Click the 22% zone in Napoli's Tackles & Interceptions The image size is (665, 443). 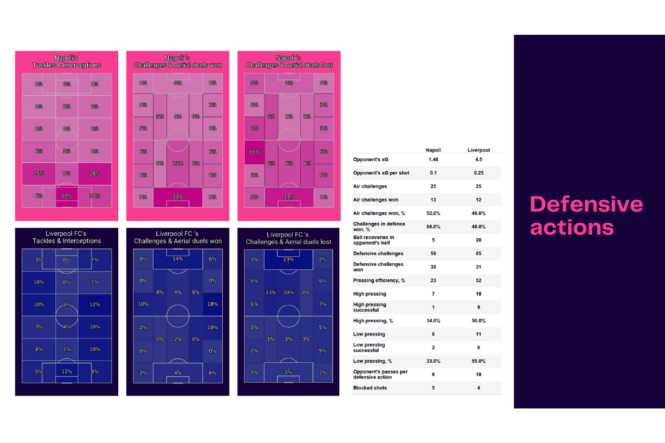click(x=67, y=196)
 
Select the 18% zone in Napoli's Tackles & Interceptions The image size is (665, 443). click(x=95, y=174)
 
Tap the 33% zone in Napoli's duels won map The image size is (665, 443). click(x=178, y=197)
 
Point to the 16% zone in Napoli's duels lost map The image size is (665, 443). click(x=253, y=151)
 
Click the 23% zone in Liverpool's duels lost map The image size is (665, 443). click(x=289, y=260)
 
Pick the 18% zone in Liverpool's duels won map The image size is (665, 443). click(x=212, y=304)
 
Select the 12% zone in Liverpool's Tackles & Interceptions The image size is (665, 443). click(x=95, y=304)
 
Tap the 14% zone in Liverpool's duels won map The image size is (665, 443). click(x=178, y=259)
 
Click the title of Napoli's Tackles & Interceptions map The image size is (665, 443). click(x=67, y=61)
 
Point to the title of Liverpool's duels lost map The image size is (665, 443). click(x=289, y=238)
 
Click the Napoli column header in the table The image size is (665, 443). click(x=434, y=150)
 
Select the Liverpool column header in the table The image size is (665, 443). click(x=479, y=150)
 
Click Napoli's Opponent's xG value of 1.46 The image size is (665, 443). click(x=434, y=159)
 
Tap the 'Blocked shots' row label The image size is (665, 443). click(x=370, y=388)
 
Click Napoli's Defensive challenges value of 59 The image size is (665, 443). click(x=434, y=254)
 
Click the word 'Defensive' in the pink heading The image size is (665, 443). click(x=586, y=205)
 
